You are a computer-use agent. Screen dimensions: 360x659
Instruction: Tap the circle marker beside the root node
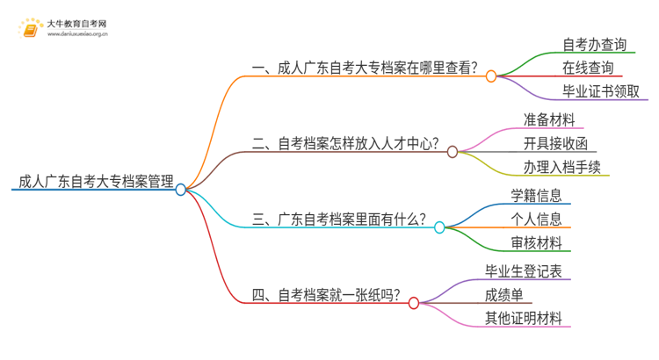point(181,189)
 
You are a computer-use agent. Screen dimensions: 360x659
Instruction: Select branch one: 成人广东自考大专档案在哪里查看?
point(365,68)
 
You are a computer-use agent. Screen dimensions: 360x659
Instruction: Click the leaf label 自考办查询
point(594,43)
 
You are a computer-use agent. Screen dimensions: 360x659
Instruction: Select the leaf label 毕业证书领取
point(600,92)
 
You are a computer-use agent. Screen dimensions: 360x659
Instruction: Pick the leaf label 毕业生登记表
point(523,270)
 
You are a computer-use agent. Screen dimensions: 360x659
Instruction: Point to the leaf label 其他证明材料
point(523,319)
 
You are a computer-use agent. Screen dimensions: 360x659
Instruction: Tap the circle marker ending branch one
point(491,76)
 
